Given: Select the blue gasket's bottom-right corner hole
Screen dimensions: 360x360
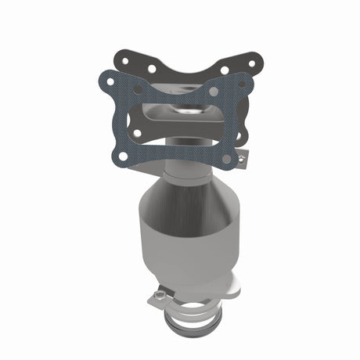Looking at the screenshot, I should pyautogui.click(x=226, y=159).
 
